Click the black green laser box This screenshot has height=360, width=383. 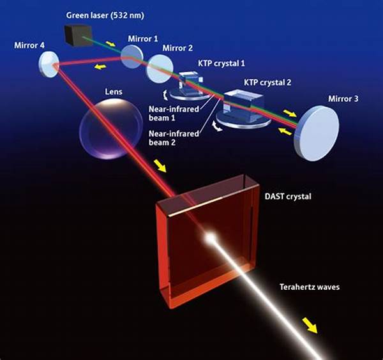(78, 36)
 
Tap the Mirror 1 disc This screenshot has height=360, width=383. (132, 56)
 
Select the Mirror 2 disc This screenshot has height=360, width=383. (160, 68)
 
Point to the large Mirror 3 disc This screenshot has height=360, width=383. (317, 133)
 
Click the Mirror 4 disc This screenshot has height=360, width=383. (49, 64)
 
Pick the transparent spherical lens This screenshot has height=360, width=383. (111, 129)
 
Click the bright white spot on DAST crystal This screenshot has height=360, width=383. (210, 237)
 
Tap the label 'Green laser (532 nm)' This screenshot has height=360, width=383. (105, 15)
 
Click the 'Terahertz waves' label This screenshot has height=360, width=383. (310, 287)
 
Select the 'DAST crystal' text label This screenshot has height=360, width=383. (288, 197)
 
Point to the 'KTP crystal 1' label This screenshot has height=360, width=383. (222, 63)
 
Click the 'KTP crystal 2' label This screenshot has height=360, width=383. (267, 82)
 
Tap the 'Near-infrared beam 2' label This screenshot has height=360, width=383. (174, 138)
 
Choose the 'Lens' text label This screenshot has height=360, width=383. (114, 92)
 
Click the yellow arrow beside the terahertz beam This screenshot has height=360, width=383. (310, 325)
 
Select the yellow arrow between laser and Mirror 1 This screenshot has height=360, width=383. (110, 43)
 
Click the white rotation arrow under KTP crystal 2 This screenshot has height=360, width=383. (217, 126)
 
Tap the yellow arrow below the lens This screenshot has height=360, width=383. (160, 166)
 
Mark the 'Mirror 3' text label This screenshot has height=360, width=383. (343, 99)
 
